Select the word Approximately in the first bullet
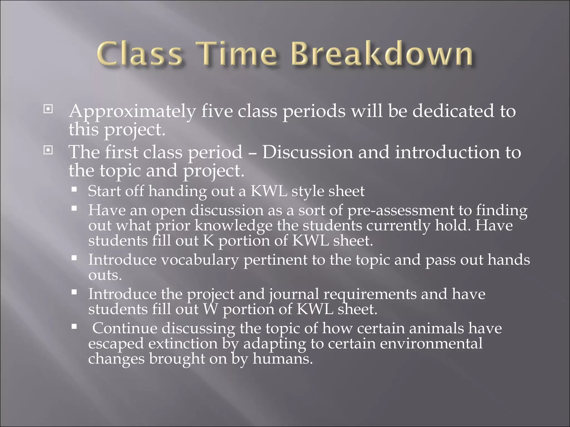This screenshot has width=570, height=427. (132, 111)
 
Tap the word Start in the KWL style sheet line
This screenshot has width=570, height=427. (104, 191)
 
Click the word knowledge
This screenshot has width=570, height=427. (233, 225)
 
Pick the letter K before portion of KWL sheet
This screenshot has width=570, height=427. (208, 240)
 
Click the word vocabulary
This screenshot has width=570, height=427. (200, 260)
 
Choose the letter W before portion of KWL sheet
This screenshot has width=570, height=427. (210, 309)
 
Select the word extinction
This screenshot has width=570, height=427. (183, 344)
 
